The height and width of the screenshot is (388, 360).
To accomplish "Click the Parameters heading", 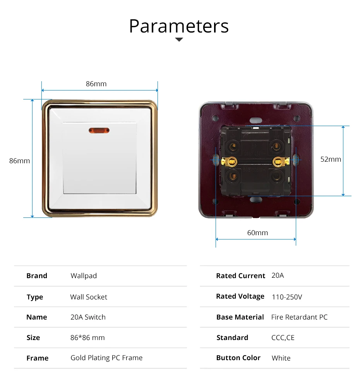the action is pos(179,26).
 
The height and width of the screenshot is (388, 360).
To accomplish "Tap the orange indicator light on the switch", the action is pos(99,130).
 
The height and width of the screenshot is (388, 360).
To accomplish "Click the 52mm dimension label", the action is pos(331,159).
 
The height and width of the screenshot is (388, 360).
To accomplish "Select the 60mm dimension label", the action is pos(257,232).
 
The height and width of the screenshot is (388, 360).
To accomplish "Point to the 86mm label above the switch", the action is pos(96,84).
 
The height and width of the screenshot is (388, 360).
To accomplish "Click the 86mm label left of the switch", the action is pos(20,161).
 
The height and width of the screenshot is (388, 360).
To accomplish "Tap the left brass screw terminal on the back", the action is pos(230,162).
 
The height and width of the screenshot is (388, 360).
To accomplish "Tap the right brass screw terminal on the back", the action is pos(280,162).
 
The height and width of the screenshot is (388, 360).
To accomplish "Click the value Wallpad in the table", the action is pos(84,276).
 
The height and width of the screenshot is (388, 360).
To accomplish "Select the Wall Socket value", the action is pos(89,297).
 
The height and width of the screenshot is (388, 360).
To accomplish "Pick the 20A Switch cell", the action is pos(88,317).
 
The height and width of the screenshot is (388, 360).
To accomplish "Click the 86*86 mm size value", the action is pos(87,338).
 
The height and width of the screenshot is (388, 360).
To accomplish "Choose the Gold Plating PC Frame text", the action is pos(106,358).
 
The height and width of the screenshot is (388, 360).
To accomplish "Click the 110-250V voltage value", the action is pos(287,297).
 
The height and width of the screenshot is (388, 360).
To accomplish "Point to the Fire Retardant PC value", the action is pos(299,317).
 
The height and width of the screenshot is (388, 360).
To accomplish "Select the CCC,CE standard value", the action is pos(283,338).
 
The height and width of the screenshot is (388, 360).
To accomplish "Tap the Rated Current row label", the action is pos(240,276).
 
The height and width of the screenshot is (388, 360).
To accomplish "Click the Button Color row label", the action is pos(238,358).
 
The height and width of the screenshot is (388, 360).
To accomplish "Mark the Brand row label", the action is pos(37,276).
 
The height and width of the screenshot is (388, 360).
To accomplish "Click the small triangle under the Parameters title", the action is pos(179,39).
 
